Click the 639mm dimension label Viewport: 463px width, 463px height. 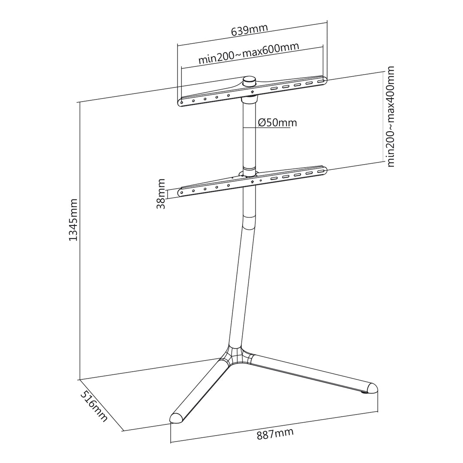[x=249, y=30]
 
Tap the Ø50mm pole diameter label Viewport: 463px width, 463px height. [x=277, y=123]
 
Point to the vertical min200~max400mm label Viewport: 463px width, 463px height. [x=390, y=117]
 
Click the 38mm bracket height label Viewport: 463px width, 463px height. [x=161, y=194]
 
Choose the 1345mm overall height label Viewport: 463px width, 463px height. [x=73, y=219]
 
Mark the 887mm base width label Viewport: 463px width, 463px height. [x=275, y=433]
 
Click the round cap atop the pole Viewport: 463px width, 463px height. [x=249, y=81]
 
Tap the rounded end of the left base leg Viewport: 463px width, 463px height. [x=177, y=418]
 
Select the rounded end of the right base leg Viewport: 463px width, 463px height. [x=371, y=388]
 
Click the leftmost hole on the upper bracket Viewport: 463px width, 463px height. [x=182, y=103]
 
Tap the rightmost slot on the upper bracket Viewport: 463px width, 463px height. [x=320, y=81]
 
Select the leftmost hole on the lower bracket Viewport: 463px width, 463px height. [x=182, y=192]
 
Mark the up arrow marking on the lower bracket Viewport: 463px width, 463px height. [x=253, y=181]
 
